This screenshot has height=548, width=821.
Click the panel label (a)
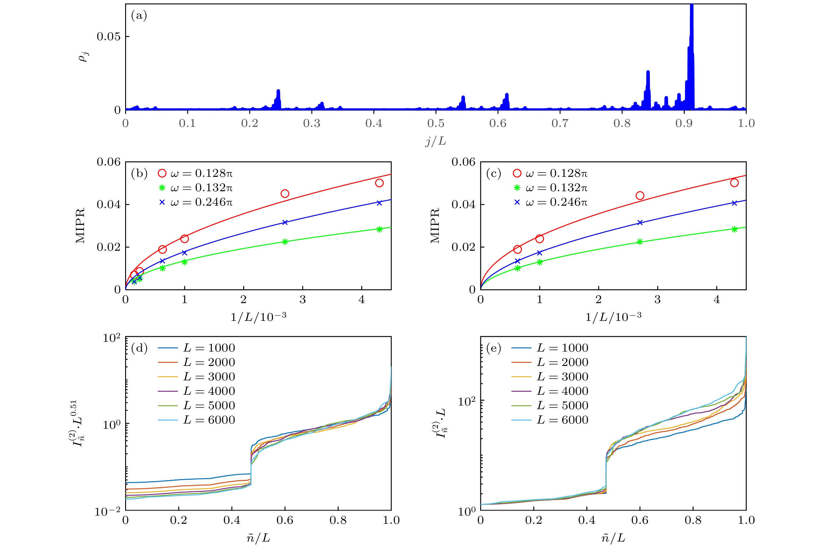[x=139, y=16]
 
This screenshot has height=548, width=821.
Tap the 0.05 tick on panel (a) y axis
[x=108, y=37]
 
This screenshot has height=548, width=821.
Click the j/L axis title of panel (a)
[x=436, y=141]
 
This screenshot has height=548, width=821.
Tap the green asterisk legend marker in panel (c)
[x=517, y=188]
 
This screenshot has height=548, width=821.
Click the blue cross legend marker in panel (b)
[x=162, y=202]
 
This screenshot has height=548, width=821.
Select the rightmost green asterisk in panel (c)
[x=734, y=230]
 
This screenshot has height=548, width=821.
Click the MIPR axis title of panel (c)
[x=435, y=226]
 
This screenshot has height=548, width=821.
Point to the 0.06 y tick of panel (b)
[x=108, y=162]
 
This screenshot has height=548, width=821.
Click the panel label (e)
[x=493, y=348]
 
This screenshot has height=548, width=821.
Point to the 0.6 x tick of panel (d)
[x=285, y=520]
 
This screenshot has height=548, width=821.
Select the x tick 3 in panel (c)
[x=657, y=299]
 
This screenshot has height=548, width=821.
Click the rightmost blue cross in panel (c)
[x=734, y=203]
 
